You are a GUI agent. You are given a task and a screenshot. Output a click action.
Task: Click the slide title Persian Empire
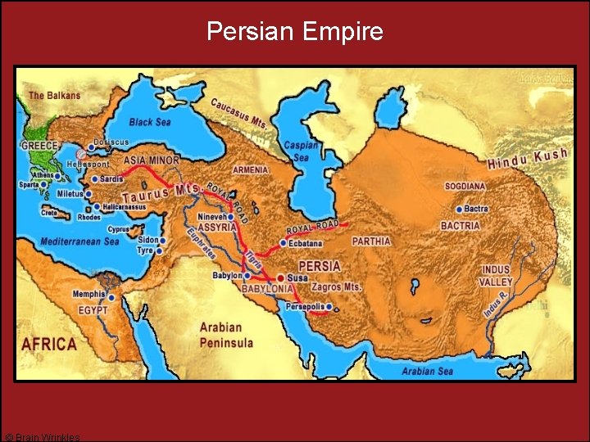point(294,31)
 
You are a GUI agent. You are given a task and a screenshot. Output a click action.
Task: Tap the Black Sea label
point(151,122)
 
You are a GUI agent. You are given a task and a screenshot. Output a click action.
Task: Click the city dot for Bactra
point(459,210)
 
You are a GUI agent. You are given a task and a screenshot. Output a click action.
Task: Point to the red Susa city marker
point(281,278)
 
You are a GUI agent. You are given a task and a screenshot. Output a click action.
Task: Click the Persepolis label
point(304,306)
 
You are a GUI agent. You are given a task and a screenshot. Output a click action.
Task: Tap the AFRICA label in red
point(49,345)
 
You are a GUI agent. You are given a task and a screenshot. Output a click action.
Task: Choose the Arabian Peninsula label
point(226,336)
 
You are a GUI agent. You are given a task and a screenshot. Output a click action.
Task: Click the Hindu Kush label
point(527,160)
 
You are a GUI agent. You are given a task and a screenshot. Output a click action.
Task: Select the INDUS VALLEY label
point(496,275)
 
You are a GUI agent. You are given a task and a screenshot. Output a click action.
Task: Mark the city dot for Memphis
point(111,294)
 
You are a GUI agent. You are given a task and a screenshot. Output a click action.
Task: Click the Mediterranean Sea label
point(80,241)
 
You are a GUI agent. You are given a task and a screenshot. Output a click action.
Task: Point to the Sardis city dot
point(95,178)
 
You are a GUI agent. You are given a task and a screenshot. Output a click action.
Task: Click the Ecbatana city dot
point(283,243)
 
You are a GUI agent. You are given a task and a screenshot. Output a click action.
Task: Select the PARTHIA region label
point(371,241)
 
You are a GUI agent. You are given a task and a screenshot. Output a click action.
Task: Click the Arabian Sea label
point(427,371)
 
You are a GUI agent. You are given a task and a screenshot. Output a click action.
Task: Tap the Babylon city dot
point(247,276)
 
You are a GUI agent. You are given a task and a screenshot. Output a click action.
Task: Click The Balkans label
point(55,96)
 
